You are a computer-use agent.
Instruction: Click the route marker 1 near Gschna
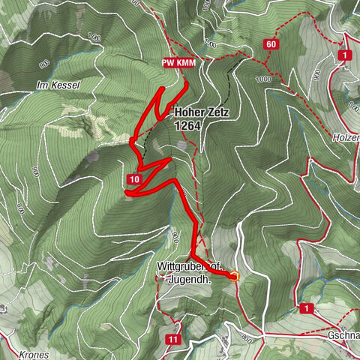point(306,307)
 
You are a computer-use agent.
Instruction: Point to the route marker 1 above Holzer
point(344,55)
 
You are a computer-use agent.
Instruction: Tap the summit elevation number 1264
point(187,127)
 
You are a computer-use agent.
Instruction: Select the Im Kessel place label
point(57,86)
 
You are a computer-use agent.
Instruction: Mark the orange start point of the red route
point(234,276)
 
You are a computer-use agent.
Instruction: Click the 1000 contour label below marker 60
point(262,79)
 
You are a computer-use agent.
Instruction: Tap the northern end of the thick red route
point(186,81)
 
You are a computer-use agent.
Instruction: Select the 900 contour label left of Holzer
point(316,75)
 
